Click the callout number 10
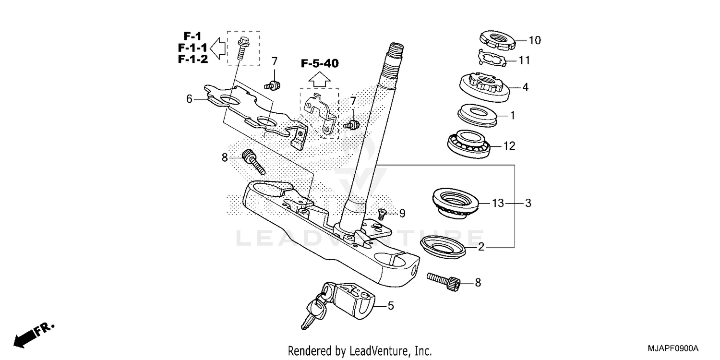click(x=534, y=40)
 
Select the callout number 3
click(x=528, y=204)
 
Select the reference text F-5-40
click(x=320, y=63)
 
